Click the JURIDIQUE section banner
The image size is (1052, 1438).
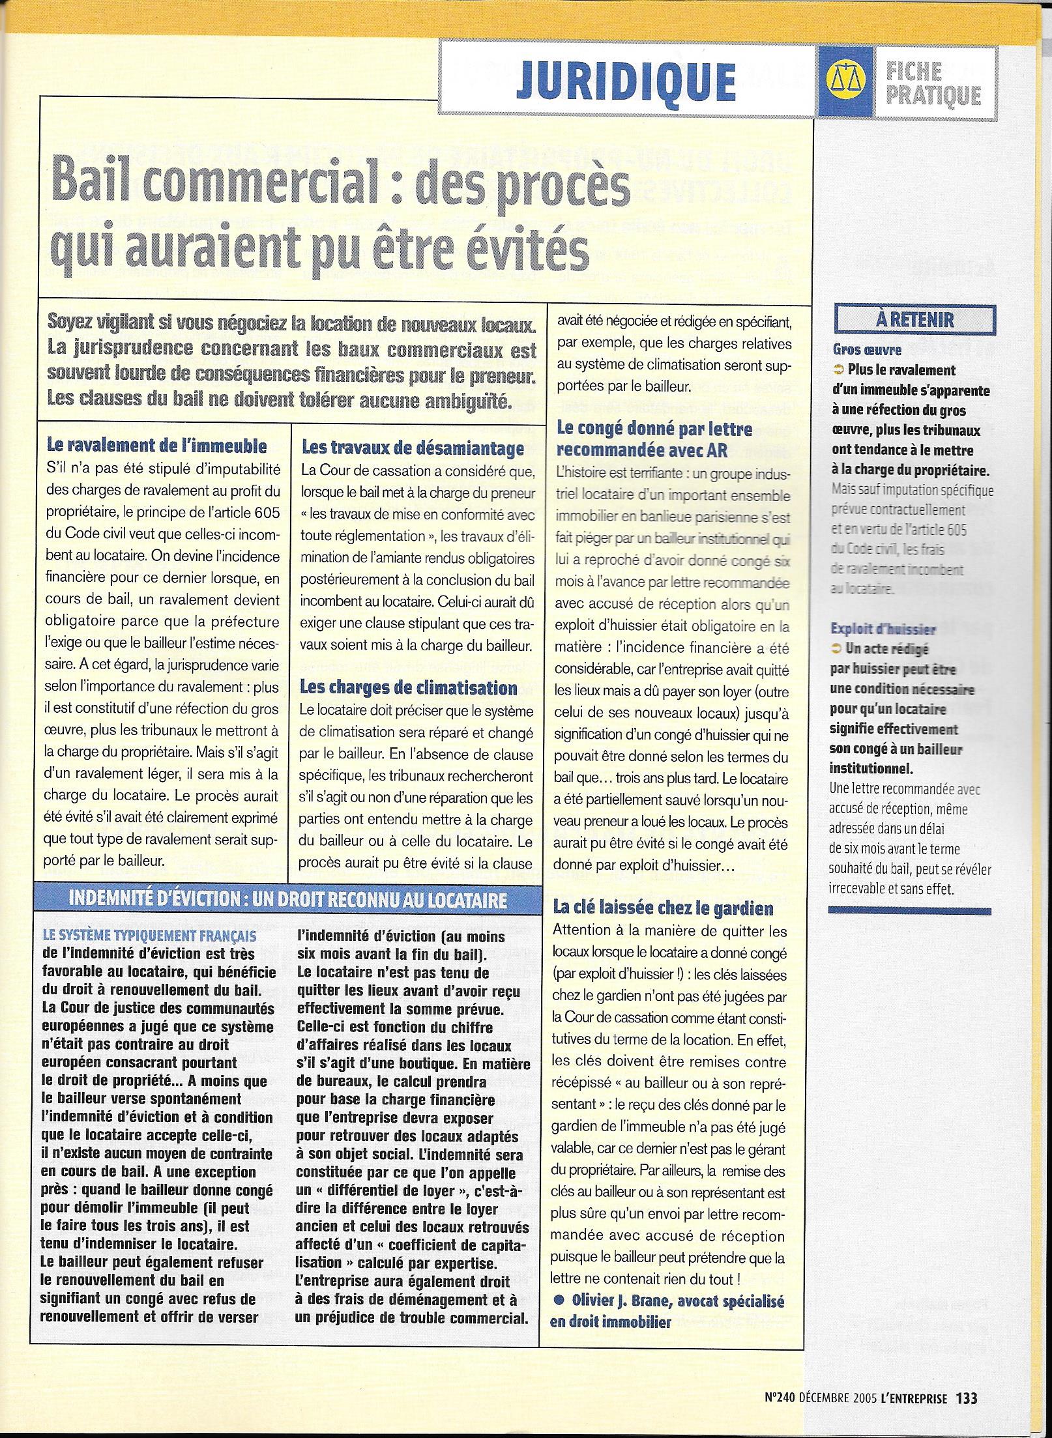(x=626, y=82)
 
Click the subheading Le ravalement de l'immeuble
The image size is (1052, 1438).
(x=157, y=446)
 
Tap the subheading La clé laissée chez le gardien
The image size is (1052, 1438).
(x=663, y=908)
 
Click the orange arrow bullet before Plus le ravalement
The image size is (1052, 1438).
(x=838, y=371)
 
